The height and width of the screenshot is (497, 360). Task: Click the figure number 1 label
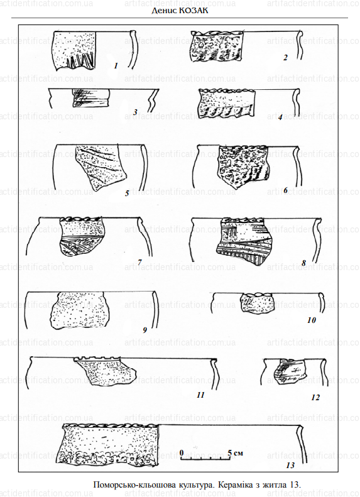click(x=116, y=65)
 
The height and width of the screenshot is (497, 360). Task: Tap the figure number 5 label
click(x=127, y=193)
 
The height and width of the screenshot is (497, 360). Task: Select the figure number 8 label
click(x=304, y=263)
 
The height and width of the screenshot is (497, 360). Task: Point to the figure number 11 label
click(x=200, y=395)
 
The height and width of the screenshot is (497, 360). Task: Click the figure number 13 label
click(x=290, y=465)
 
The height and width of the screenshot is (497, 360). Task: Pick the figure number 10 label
click(x=312, y=320)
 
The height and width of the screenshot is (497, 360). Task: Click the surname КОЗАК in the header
click(x=194, y=11)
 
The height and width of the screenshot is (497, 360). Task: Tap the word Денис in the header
click(x=164, y=11)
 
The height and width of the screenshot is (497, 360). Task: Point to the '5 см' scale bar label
click(x=236, y=452)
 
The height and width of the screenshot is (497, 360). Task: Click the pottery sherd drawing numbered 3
click(x=91, y=97)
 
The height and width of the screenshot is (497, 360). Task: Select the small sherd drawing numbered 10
click(x=258, y=303)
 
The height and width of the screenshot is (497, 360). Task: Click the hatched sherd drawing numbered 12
click(x=290, y=371)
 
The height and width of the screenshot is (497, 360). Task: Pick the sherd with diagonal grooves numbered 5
click(x=101, y=168)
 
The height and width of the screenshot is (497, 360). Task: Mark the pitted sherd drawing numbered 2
click(x=217, y=46)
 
